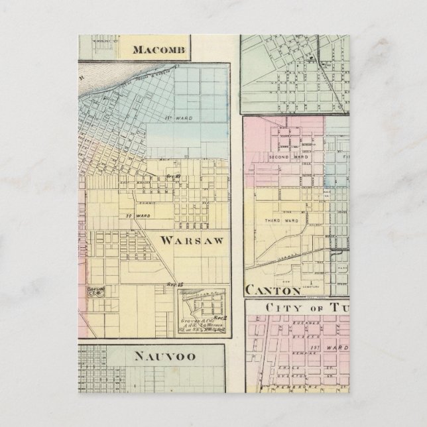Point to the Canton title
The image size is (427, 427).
point(273,290)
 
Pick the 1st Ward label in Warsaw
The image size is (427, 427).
point(177,119)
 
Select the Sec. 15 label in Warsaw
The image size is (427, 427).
point(175,284)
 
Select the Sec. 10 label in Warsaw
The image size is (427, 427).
point(174,176)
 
